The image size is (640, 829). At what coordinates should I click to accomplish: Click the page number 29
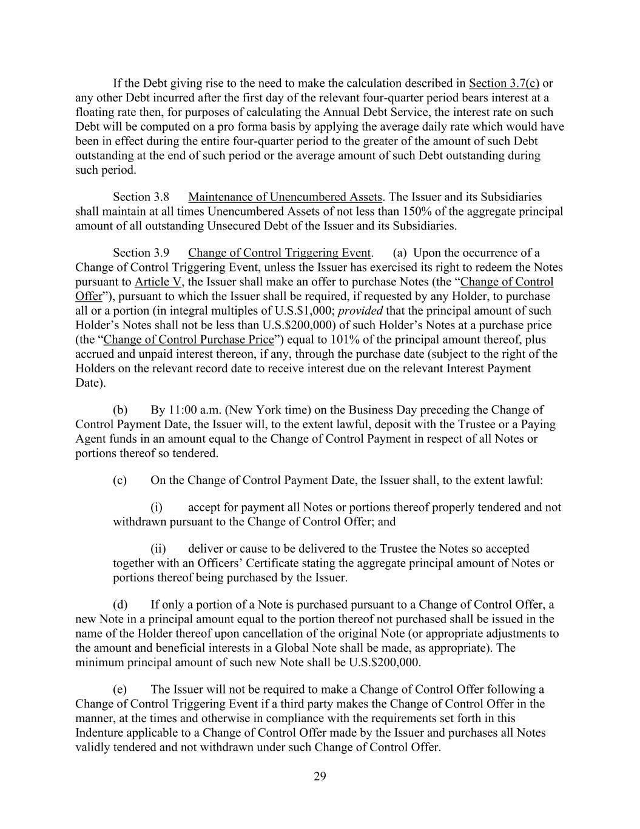click(x=320, y=776)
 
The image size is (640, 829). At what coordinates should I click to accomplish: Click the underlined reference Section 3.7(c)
click(x=504, y=83)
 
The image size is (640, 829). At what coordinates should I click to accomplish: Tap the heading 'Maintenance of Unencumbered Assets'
click(x=285, y=197)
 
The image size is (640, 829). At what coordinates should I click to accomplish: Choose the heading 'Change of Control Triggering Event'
click(x=279, y=253)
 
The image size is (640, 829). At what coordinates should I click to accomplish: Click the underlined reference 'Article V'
click(x=158, y=282)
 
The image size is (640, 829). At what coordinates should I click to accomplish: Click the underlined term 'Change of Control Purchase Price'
click(x=189, y=339)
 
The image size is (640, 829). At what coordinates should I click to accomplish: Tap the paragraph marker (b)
click(x=120, y=410)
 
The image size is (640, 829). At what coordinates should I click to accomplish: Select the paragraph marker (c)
click(x=120, y=480)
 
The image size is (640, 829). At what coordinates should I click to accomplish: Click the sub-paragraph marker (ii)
click(x=158, y=549)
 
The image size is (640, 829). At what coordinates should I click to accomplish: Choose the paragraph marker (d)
click(x=120, y=605)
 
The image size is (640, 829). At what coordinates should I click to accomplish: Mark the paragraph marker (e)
click(x=120, y=689)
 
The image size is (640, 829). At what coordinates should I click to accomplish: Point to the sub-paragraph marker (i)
click(x=157, y=507)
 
